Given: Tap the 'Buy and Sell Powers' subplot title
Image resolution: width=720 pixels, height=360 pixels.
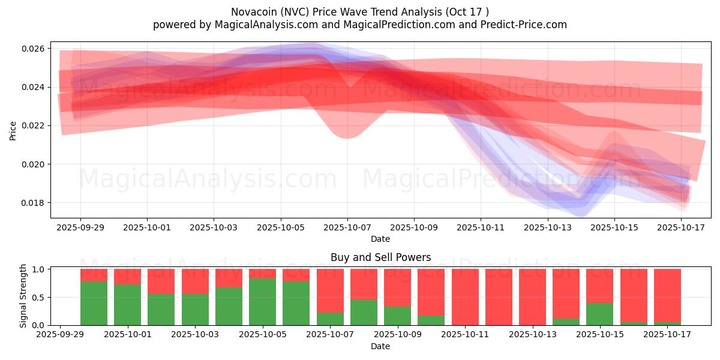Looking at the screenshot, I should (x=380, y=257).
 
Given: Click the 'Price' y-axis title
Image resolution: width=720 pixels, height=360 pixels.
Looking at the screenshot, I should (x=13, y=130).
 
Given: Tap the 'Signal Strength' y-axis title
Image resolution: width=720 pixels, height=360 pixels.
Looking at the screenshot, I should (x=23, y=296).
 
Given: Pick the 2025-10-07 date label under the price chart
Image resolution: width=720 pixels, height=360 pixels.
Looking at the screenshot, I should (x=347, y=228).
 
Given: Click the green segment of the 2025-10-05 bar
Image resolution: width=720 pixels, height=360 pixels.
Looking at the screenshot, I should (x=262, y=302).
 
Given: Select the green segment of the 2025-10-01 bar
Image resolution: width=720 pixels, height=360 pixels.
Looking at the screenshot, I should (x=127, y=305).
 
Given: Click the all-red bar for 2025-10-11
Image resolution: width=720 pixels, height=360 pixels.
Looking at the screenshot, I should (x=465, y=297).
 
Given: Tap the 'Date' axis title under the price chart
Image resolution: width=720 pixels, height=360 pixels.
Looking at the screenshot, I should (x=380, y=239).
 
